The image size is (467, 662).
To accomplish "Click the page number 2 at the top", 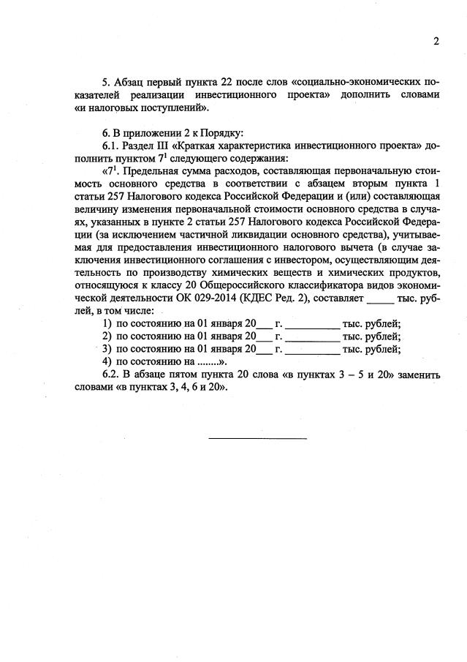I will click(436, 42).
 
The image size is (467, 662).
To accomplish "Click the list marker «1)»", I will click(107, 324).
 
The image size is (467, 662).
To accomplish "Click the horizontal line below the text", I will click(257, 438).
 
